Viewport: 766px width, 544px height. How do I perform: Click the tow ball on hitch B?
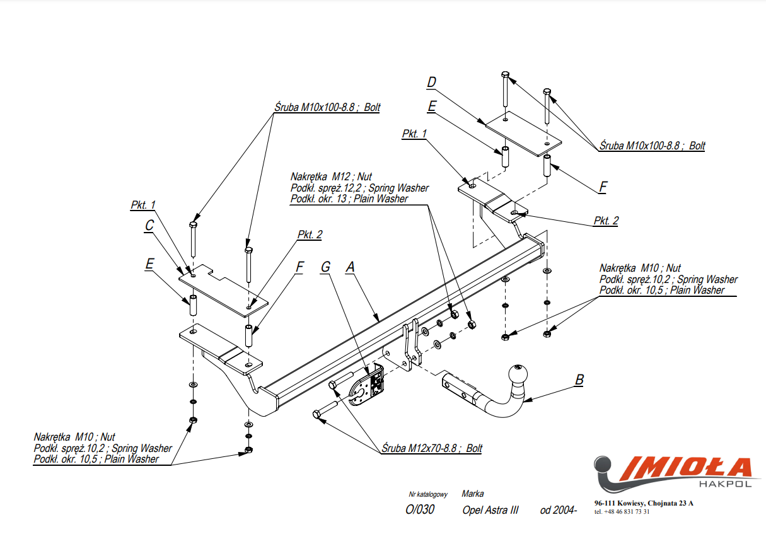[518, 373]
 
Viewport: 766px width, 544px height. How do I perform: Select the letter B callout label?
[579, 379]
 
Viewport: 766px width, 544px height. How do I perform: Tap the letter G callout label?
[325, 267]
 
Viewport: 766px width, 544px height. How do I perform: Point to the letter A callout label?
[351, 267]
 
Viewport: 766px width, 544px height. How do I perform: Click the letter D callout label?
[431, 83]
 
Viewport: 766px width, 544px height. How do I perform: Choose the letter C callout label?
[149, 225]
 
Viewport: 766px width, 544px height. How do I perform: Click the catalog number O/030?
[420, 510]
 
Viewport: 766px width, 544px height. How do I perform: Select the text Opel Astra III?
[490, 510]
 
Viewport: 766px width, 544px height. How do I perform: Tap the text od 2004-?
[558, 510]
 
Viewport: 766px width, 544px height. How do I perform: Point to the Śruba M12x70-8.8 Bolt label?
[432, 448]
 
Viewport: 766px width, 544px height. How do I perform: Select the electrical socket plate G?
[367, 386]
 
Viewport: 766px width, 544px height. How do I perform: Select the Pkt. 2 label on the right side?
[605, 221]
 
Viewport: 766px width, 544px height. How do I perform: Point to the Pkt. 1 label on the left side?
[143, 204]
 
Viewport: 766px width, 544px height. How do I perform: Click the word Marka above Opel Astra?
[472, 494]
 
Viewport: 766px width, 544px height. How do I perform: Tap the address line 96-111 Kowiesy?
[643, 503]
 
